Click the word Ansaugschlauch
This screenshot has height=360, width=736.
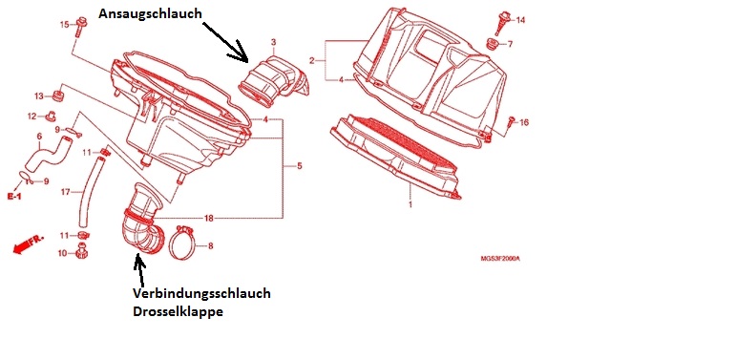150,14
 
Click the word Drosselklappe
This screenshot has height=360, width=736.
178,311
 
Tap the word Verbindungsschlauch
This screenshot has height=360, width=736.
201,294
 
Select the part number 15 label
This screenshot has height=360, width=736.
65,25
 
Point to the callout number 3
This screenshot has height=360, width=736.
273,43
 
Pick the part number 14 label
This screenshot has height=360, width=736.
520,20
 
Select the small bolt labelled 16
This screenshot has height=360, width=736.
512,121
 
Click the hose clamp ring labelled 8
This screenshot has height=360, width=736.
182,243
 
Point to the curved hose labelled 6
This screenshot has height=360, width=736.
50,153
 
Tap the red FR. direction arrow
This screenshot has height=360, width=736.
28,244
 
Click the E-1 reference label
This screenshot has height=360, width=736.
14,196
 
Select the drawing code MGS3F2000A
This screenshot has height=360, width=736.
500,259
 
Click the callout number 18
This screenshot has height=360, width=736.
209,218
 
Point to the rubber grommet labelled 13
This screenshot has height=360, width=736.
58,95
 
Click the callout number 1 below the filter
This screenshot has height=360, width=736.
410,204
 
